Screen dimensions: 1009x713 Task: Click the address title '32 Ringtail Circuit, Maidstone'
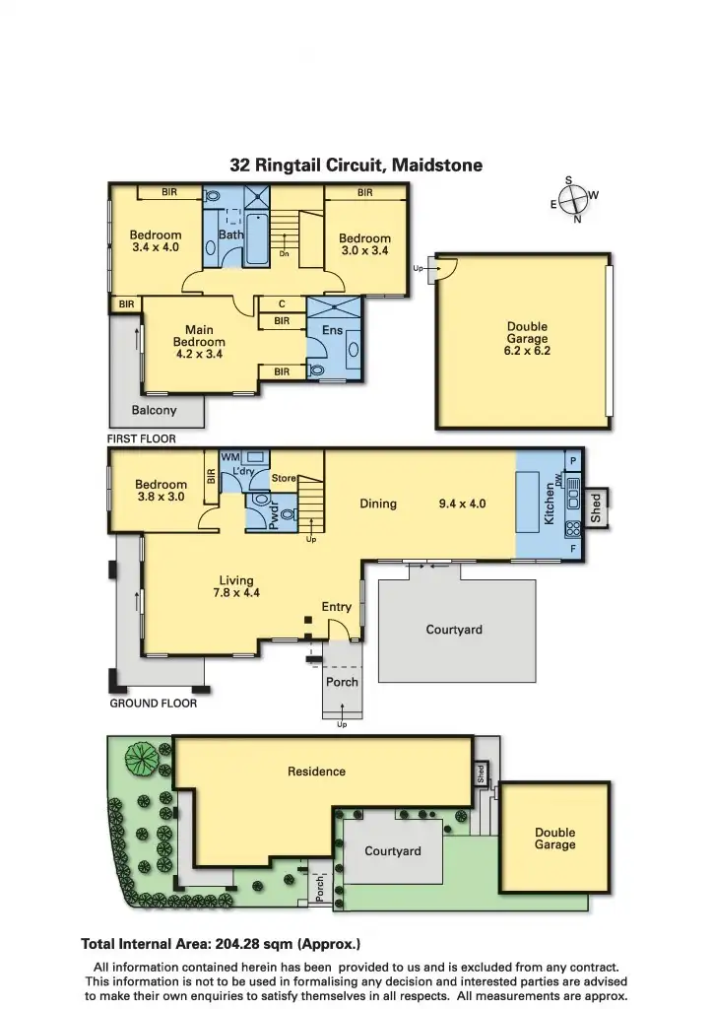tap(356, 166)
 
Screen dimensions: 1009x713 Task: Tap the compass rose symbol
tap(573, 200)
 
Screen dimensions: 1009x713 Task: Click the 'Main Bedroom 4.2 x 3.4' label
tap(199, 342)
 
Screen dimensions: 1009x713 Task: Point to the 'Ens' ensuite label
tap(332, 330)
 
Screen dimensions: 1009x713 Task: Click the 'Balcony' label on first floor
tap(155, 411)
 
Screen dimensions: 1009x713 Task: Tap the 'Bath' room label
tap(230, 235)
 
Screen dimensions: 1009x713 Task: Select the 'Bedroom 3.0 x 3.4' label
tap(364, 244)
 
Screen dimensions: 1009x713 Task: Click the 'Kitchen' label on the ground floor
tap(550, 504)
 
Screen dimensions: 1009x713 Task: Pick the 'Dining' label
tap(378, 504)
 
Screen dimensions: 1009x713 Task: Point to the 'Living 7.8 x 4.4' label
tap(236, 587)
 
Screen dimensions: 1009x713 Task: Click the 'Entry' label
tap(337, 607)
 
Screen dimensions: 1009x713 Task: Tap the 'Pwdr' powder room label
tap(275, 517)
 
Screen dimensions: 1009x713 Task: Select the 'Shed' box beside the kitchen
tap(596, 507)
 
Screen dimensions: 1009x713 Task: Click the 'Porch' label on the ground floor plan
tap(342, 682)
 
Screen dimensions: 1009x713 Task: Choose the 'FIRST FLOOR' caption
tap(141, 438)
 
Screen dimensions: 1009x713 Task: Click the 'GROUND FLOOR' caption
tap(153, 704)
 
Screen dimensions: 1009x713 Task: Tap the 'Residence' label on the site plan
tap(316, 772)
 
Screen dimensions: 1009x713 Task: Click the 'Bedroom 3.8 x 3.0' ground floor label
tap(161, 491)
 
